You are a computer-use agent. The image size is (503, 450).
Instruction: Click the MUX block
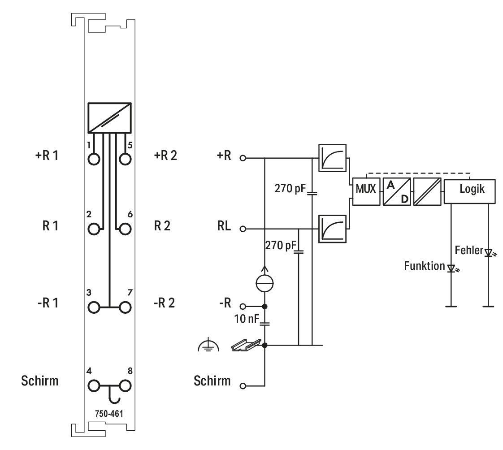tap(366, 191)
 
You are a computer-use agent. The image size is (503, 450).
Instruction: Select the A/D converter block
tap(397, 191)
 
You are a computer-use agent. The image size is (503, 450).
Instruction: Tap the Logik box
tap(470, 191)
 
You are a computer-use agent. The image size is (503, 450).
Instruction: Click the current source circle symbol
tap(265, 283)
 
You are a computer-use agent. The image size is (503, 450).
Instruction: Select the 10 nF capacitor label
tap(247, 319)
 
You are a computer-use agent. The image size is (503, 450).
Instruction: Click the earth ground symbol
tap(209, 345)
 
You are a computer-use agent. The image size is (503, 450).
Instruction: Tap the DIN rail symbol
tap(246, 345)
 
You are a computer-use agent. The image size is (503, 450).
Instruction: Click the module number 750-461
tap(109, 414)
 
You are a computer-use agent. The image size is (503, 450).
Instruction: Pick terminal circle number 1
tap(94, 159)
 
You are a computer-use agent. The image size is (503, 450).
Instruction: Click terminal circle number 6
tap(125, 229)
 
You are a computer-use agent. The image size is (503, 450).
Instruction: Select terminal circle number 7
tap(125, 307)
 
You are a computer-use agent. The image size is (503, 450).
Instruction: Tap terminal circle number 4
tap(94, 386)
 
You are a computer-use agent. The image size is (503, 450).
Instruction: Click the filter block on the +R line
tap(332, 158)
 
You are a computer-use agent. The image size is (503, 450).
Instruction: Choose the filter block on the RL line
tap(332, 229)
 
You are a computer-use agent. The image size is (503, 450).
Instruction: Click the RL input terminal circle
tap(243, 229)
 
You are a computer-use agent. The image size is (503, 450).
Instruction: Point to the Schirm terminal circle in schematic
tap(243, 386)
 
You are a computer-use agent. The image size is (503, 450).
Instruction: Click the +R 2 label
tap(165, 156)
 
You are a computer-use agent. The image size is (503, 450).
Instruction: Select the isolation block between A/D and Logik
tap(427, 191)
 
